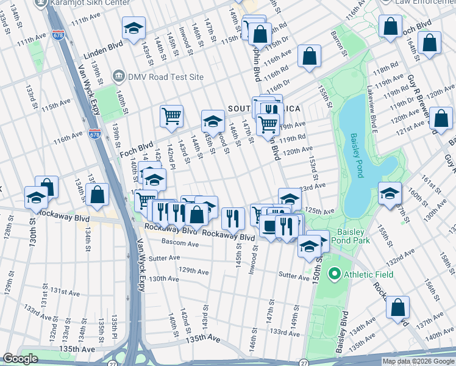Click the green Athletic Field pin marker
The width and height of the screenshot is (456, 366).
(333, 274)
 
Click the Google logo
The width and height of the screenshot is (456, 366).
(20, 359)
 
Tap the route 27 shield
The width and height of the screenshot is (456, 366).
(304, 362)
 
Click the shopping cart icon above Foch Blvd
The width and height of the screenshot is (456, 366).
(172, 115)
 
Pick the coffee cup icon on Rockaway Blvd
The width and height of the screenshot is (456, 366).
(269, 226)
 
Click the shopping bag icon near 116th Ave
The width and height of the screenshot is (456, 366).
(310, 56)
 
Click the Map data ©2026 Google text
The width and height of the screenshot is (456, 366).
(418, 361)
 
